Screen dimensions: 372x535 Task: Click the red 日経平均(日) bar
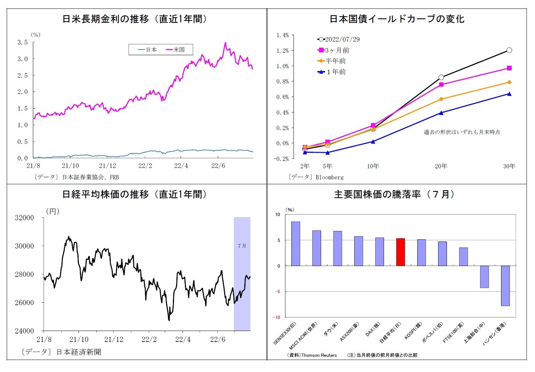click(400, 252)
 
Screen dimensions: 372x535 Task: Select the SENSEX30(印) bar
click(296, 244)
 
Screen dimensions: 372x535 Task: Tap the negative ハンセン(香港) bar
click(505, 286)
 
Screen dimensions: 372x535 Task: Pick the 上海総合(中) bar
click(484, 277)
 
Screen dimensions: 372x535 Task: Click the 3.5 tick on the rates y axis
click(23, 42)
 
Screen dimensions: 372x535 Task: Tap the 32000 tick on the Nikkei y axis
click(24, 218)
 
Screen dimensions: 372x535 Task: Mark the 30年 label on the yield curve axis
click(509, 166)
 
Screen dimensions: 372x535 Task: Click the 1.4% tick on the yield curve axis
click(283, 35)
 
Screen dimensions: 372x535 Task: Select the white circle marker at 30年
click(509, 50)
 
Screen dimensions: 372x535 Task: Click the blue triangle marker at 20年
click(441, 113)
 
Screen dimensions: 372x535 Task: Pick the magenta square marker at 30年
click(509, 68)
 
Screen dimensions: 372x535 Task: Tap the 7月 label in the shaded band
click(242, 246)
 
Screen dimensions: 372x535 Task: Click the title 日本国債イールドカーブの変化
click(397, 19)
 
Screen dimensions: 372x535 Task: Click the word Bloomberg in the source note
click(329, 177)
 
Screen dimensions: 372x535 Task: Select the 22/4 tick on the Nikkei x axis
click(183, 339)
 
